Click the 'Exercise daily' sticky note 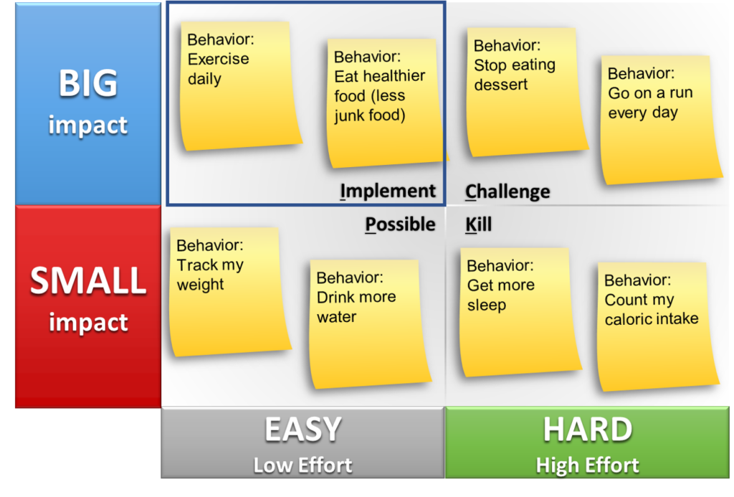239,86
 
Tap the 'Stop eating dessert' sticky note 526,92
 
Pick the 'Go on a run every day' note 660,120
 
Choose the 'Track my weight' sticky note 229,292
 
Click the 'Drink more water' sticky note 369,324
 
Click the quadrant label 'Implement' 388,191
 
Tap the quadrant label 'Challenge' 507,192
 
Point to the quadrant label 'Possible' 400,224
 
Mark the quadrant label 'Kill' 478,224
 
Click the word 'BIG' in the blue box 88,83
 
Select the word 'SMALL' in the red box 88,280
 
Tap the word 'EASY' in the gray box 303,429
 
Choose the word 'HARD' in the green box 588,429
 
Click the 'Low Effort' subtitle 303,465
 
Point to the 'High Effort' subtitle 588,465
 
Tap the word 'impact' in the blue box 88,126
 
